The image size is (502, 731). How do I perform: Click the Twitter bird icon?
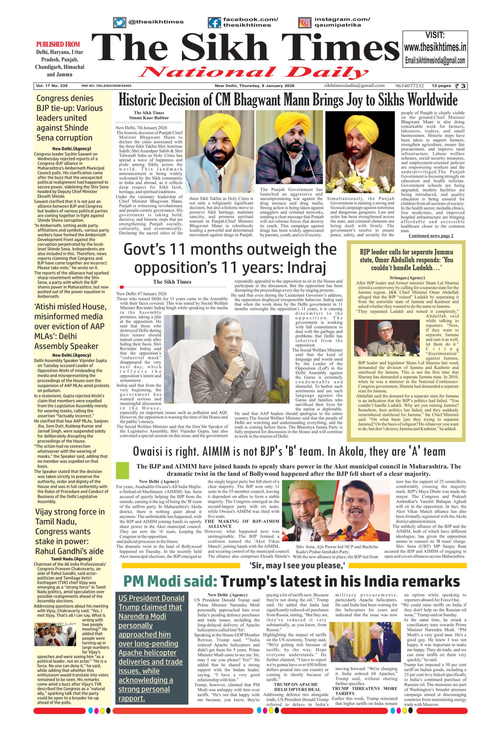119,23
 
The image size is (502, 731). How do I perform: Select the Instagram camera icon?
304,23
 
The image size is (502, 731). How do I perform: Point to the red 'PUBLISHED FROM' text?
58,44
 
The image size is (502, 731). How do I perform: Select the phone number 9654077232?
409,86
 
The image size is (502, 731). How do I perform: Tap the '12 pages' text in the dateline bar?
441,86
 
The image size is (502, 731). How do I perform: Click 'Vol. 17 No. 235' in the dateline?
51,86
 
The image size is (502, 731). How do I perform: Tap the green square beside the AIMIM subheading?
122,471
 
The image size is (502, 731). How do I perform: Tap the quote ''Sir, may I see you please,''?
297,565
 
